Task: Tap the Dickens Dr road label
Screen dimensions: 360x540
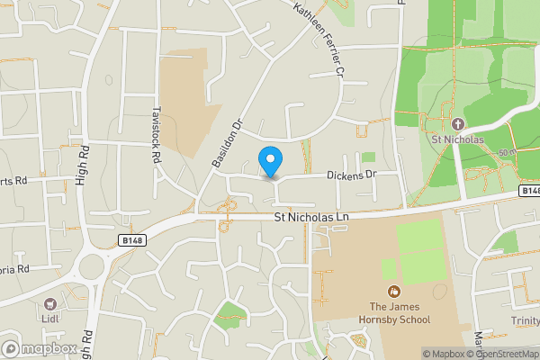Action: (x=350, y=175)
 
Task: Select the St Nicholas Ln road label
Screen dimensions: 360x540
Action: (x=310, y=217)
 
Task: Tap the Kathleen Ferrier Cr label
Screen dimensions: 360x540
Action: (x=319, y=37)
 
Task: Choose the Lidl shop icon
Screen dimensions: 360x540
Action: (x=50, y=304)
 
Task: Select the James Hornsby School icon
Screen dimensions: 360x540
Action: (x=393, y=291)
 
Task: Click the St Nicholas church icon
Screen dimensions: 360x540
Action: (x=457, y=123)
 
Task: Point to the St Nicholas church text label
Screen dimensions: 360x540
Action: (x=457, y=139)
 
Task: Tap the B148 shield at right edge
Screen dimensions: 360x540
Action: (x=530, y=191)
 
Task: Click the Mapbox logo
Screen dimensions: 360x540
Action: (x=40, y=348)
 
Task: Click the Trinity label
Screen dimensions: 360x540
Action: (x=525, y=320)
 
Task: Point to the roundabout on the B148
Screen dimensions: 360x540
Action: (x=94, y=266)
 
